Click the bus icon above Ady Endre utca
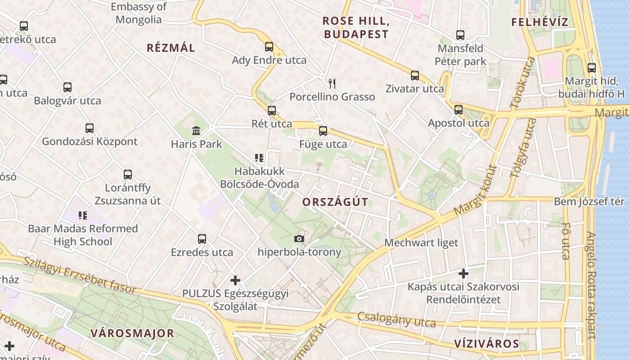[x=269, y=47]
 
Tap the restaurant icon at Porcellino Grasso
[x=332, y=83]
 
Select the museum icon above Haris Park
[x=196, y=131]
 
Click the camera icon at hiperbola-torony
[x=299, y=238]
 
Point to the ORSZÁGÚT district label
[x=335, y=202]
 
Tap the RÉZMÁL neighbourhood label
[x=171, y=48]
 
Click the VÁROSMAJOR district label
[x=132, y=333]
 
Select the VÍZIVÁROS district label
[x=486, y=344]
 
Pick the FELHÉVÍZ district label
[x=540, y=22]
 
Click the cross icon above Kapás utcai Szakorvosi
[x=463, y=273]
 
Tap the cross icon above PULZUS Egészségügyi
[x=235, y=280]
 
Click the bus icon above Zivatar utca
[x=415, y=76]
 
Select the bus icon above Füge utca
[x=323, y=131]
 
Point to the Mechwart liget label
[x=421, y=243]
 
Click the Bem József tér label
[x=589, y=202]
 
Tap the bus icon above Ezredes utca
[x=202, y=239]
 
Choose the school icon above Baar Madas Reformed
[x=83, y=216]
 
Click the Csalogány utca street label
[x=396, y=320]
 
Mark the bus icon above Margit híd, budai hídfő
[x=592, y=68]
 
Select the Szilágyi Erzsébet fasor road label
[x=80, y=275]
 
